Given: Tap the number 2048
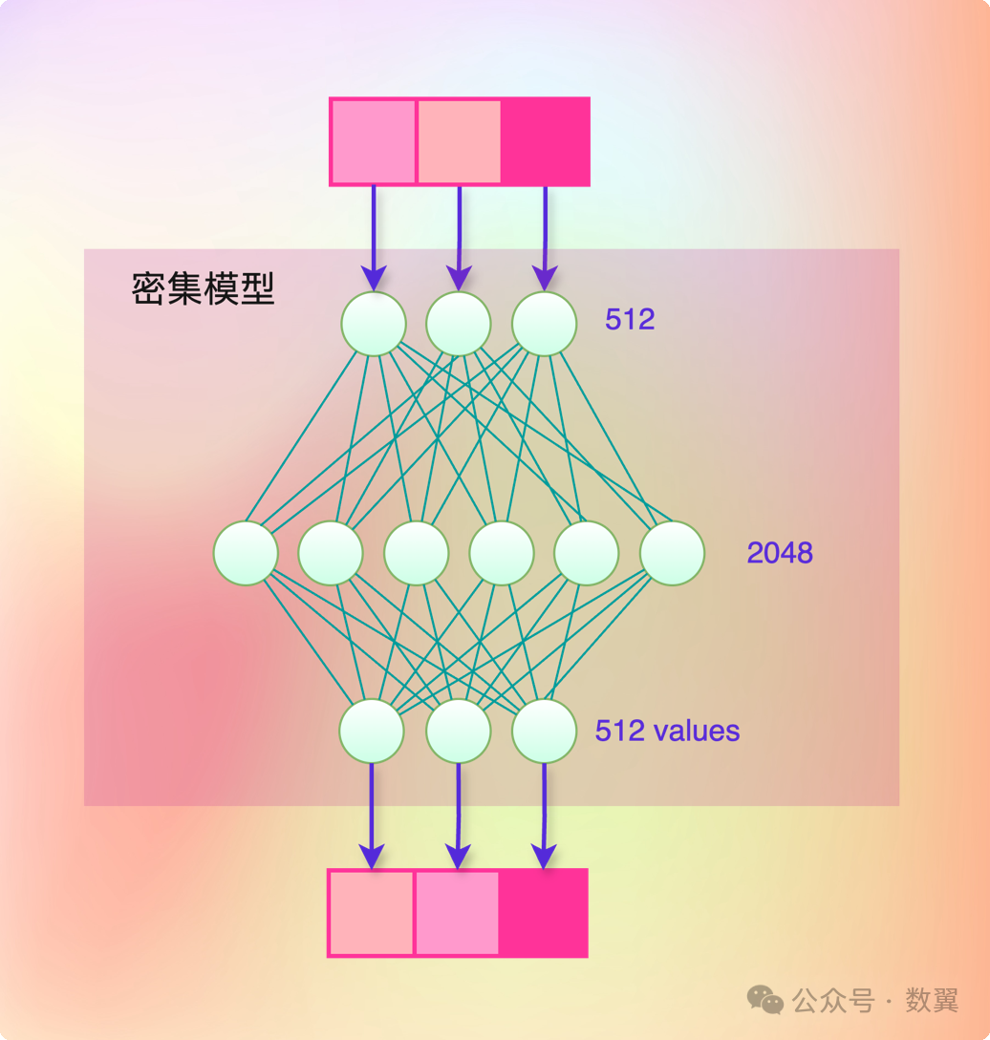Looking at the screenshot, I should (x=780, y=552).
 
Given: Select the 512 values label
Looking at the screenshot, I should (x=667, y=731).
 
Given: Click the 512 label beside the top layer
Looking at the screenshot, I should (x=630, y=319).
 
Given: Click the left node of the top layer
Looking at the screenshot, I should (x=374, y=324).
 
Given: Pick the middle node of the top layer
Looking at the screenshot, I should (x=459, y=324).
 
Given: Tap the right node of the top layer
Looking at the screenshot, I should (x=545, y=324).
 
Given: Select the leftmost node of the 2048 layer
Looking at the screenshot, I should (x=246, y=553).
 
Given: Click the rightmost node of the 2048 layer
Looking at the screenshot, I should (x=672, y=553).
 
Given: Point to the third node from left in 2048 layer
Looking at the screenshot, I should (x=417, y=553).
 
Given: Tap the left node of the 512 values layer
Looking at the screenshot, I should (x=372, y=731).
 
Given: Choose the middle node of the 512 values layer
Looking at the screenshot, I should (x=459, y=731).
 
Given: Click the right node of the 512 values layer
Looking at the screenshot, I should (x=545, y=731).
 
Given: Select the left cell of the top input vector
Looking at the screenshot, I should (x=374, y=141).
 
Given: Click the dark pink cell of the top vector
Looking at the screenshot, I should (x=545, y=141).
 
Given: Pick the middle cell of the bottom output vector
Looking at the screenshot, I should (x=456, y=913).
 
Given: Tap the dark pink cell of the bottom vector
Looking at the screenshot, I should (x=542, y=913).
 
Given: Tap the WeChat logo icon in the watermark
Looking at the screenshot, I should (x=765, y=1000).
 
